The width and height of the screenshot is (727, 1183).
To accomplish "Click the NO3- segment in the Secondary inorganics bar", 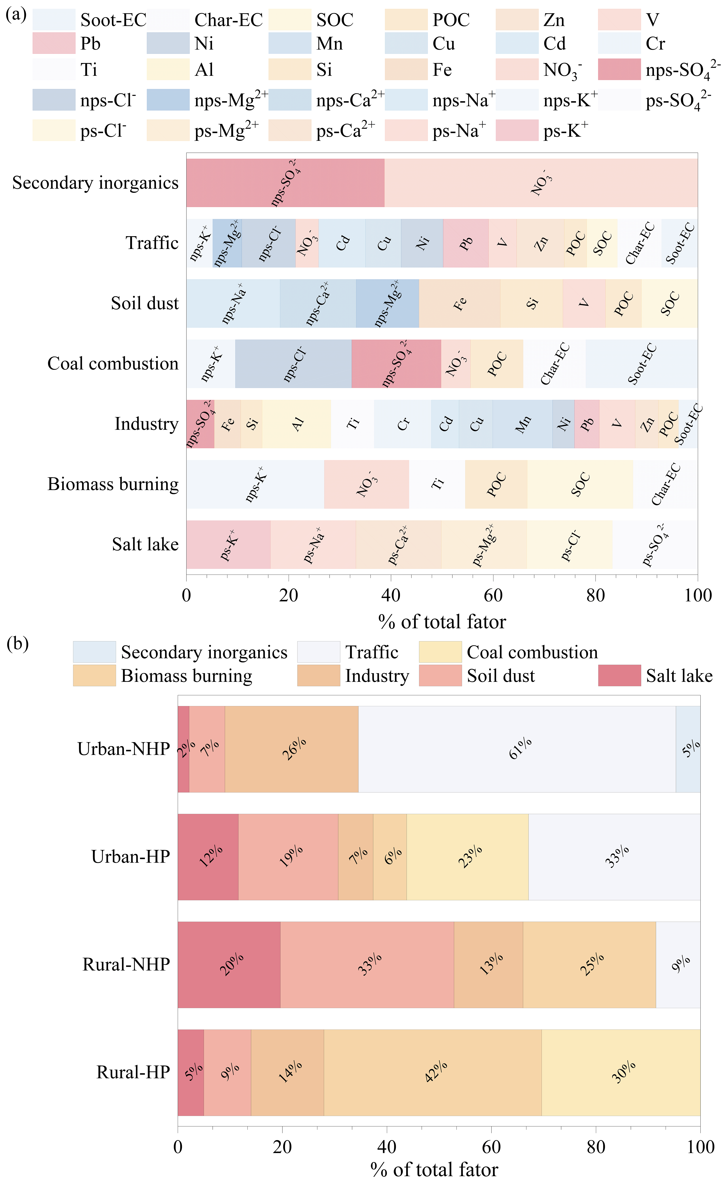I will pyautogui.click(x=541, y=183).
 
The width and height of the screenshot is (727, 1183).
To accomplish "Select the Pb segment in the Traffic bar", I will pyautogui.click(x=465, y=243).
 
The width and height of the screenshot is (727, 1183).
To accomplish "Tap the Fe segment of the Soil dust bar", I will pyautogui.click(x=460, y=303).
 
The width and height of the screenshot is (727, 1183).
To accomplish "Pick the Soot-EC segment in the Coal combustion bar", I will pyautogui.click(x=641, y=363).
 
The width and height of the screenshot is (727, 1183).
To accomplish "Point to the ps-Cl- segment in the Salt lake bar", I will pyautogui.click(x=570, y=544).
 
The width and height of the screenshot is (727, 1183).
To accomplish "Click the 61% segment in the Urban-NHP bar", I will pyautogui.click(x=517, y=749).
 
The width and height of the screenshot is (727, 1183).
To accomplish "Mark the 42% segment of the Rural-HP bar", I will pyautogui.click(x=433, y=1072).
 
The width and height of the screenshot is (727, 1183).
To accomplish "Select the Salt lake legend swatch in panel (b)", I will pyautogui.click(x=619, y=675).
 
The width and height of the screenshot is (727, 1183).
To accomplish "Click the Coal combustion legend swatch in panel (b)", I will pyautogui.click(x=440, y=652).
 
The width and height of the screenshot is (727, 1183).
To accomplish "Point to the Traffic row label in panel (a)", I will pyautogui.click(x=152, y=243).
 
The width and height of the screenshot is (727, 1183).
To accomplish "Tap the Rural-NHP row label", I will pyautogui.click(x=126, y=964).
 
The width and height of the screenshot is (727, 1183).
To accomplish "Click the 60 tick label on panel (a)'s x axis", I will pyautogui.click(x=493, y=595).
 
